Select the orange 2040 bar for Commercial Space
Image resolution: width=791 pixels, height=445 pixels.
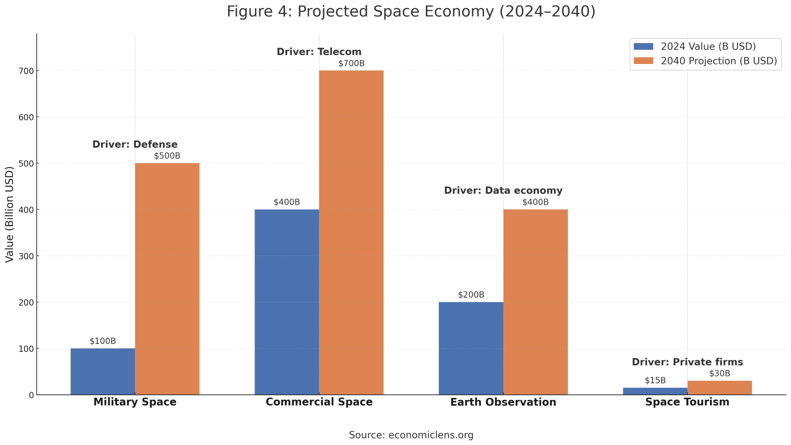coord(351,232)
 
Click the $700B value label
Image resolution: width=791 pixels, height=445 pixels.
coord(351,63)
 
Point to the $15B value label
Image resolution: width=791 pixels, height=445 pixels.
coord(655,380)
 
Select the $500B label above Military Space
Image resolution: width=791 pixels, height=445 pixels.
coord(167,156)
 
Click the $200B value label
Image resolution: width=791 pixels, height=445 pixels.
coord(471,294)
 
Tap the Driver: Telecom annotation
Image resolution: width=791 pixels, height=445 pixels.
coord(319,52)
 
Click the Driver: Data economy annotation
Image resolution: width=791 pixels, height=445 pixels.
coord(503,190)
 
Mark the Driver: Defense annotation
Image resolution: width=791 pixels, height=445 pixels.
coord(135,144)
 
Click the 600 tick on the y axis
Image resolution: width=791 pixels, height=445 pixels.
coord(26,117)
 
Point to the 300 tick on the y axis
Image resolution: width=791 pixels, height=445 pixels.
coord(26,256)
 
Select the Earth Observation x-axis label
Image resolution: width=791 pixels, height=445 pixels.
coord(503,402)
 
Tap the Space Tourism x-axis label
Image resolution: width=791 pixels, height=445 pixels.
coord(687,402)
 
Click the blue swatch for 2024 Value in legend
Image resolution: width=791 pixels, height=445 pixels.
coord(643,46)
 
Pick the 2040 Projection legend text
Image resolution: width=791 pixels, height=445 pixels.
coord(719,61)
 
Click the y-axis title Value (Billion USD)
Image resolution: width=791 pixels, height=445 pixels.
coord(9,214)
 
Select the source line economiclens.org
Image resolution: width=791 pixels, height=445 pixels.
coord(411,435)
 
